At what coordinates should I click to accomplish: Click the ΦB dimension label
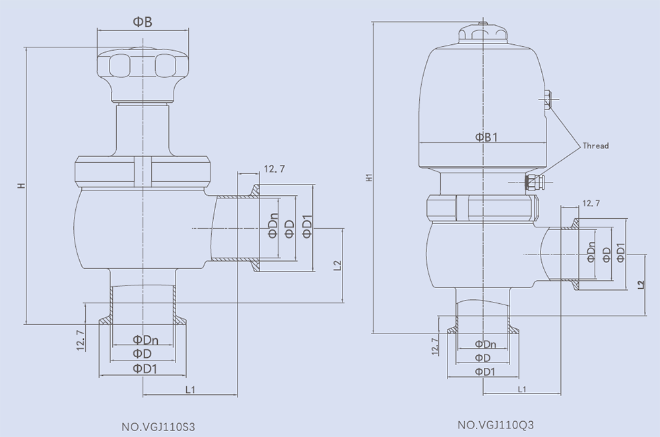pyautogui.click(x=143, y=22)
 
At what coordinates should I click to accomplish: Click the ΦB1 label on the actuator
pyautogui.click(x=486, y=137)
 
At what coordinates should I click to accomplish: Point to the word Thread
pyautogui.click(x=595, y=146)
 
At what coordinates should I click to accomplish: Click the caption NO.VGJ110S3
pyautogui.click(x=158, y=427)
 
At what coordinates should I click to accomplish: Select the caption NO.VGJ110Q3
pyautogui.click(x=496, y=425)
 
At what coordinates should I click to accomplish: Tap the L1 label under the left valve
pyautogui.click(x=190, y=390)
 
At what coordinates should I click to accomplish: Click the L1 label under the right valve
pyautogui.click(x=522, y=389)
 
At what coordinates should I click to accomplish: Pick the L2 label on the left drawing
pyautogui.click(x=337, y=266)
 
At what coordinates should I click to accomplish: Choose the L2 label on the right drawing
pyautogui.click(x=641, y=285)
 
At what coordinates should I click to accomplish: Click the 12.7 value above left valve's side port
pyautogui.click(x=275, y=169)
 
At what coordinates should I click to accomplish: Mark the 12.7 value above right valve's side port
pyautogui.click(x=591, y=204)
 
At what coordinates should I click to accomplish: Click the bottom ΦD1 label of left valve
pyautogui.click(x=145, y=368)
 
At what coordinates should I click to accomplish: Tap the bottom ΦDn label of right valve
pyautogui.click(x=485, y=344)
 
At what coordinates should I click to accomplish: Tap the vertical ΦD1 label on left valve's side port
pyautogui.click(x=308, y=226)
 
